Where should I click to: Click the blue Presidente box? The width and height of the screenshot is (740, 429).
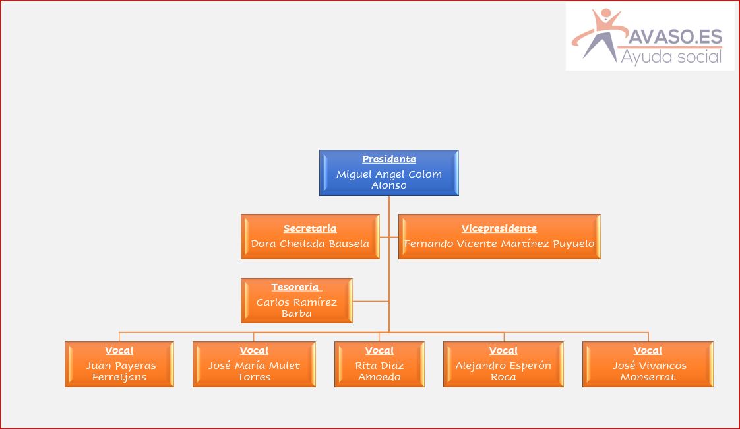pyautogui.click(x=389, y=173)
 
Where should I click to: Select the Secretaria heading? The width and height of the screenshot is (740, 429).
pyautogui.click(x=310, y=228)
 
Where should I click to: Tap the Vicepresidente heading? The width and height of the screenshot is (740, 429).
pyautogui.click(x=499, y=228)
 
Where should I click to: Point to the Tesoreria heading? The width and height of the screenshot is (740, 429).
pyautogui.click(x=296, y=287)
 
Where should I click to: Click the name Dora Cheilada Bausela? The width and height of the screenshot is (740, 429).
pyautogui.click(x=310, y=244)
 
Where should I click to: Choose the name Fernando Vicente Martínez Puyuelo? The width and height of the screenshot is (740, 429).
pyautogui.click(x=499, y=244)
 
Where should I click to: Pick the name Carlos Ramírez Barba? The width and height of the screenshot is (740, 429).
pyautogui.click(x=296, y=308)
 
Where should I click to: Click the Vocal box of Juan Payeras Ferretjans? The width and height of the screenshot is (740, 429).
pyautogui.click(x=119, y=364)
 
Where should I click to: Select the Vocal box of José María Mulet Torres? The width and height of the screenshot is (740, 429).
pyautogui.click(x=254, y=364)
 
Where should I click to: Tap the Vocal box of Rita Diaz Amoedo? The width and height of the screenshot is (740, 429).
pyautogui.click(x=379, y=364)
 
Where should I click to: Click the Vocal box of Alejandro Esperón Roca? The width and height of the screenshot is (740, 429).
pyautogui.click(x=504, y=364)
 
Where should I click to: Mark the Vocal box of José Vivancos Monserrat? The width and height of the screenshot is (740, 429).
pyautogui.click(x=648, y=364)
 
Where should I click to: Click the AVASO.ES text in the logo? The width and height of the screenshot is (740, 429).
pyautogui.click(x=675, y=36)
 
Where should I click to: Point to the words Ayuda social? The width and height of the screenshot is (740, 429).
pyautogui.click(x=671, y=57)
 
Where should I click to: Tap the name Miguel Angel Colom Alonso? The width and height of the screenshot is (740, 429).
pyautogui.click(x=389, y=180)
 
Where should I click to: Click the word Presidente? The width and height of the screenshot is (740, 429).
pyautogui.click(x=389, y=159)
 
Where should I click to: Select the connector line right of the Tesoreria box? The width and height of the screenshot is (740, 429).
pyautogui.click(x=371, y=301)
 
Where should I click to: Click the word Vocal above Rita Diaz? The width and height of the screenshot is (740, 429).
pyautogui.click(x=379, y=350)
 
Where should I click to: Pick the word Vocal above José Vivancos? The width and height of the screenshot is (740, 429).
pyautogui.click(x=648, y=350)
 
